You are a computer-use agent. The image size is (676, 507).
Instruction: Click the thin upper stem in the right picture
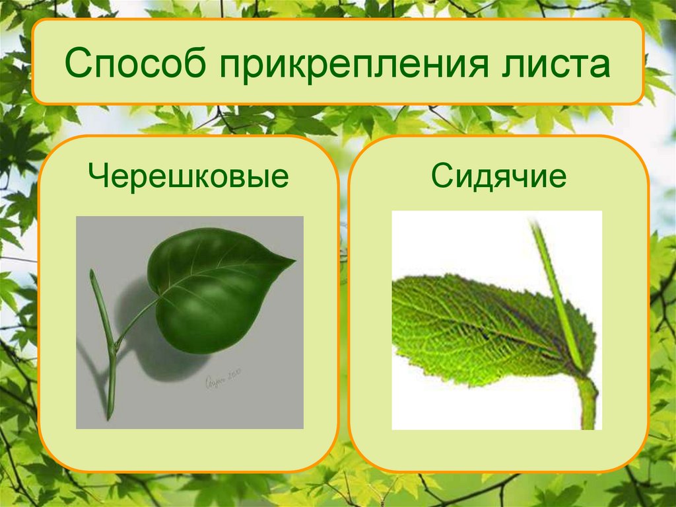click(x=552, y=278)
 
